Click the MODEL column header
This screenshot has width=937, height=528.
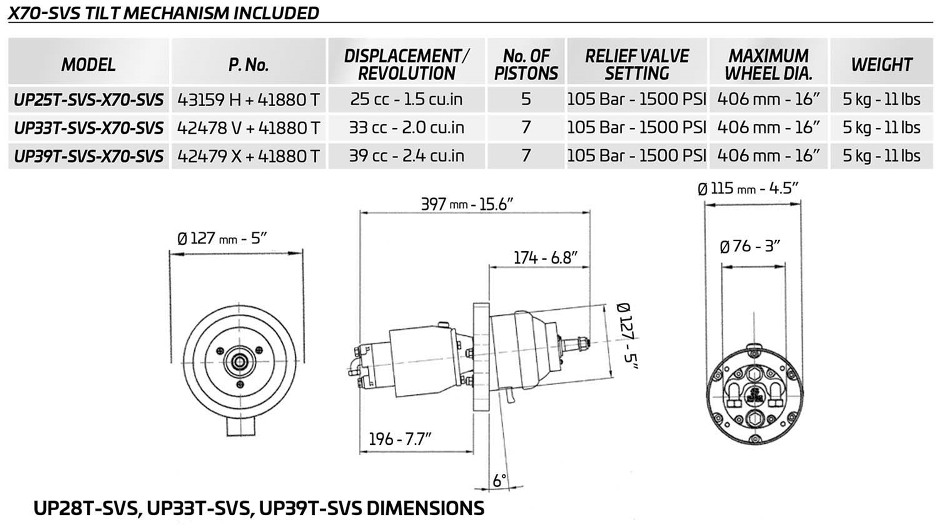pos(88,65)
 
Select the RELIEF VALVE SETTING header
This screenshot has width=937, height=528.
pos(637,65)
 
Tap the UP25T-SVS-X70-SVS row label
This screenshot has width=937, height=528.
pos(88,99)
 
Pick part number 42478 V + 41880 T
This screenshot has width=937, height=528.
pos(248,128)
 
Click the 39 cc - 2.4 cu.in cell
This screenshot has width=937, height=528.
pos(406,156)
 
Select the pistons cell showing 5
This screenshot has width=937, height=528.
pos(526,99)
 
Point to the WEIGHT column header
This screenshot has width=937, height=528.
pos(881,65)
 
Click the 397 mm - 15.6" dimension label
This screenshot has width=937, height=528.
pos(467,204)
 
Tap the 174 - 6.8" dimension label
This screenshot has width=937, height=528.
pos(545,258)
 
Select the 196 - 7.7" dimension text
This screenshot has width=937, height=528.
pos(400,439)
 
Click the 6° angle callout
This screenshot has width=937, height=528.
pos(499,480)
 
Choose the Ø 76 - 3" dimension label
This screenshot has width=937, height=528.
pos(749,247)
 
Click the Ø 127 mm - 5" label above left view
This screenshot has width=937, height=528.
pos(222,238)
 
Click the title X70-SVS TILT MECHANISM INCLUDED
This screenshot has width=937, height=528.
pos(163,13)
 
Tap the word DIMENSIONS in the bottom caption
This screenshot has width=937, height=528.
pos(425,508)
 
